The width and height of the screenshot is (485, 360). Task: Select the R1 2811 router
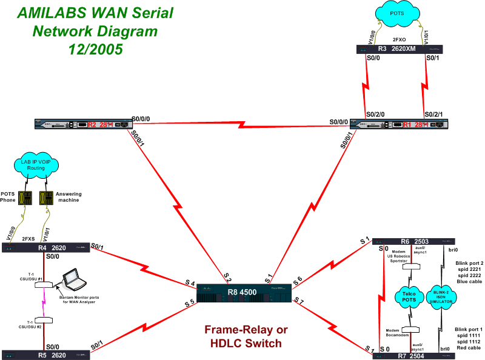pos(403,125)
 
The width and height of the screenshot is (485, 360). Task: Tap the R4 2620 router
pos(46,247)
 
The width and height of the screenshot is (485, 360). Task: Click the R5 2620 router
pos(46,354)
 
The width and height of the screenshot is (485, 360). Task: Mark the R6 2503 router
pos(413,241)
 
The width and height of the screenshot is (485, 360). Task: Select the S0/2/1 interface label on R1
pos(435,113)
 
